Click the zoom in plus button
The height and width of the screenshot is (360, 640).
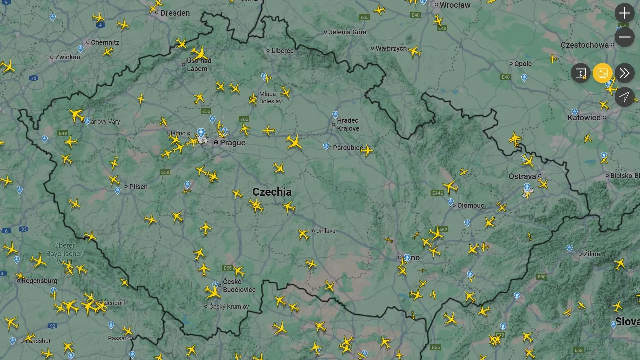point(624,13)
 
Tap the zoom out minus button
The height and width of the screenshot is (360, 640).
point(624,37)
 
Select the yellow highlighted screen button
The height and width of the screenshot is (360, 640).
point(602,73)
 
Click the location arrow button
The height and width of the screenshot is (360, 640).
point(624,97)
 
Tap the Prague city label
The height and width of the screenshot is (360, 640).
point(232,143)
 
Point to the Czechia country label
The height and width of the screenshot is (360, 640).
point(272,192)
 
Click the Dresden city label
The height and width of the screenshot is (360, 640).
point(175,13)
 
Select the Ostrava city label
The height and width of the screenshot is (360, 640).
point(522,176)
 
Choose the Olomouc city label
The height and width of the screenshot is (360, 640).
point(470,205)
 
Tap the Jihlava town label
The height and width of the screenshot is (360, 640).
point(326,231)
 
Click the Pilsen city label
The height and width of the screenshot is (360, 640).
point(138,187)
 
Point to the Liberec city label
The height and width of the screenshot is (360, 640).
point(282,51)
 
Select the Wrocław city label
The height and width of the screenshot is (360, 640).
point(455,5)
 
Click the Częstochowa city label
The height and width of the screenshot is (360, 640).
point(584,45)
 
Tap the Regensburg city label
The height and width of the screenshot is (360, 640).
point(39,281)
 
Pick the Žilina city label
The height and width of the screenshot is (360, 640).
point(591,254)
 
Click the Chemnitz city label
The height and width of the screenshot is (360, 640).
point(105,42)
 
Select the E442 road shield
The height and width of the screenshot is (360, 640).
point(437,193)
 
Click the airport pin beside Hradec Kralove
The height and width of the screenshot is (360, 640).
point(335,114)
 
